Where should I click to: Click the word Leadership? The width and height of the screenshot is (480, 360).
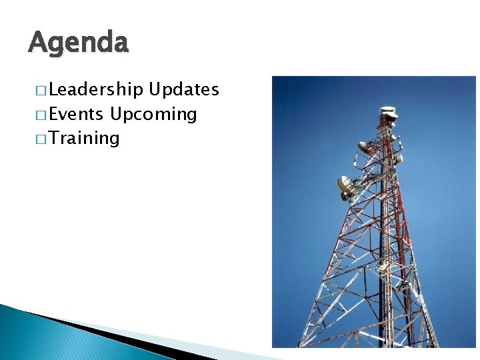click(96, 90)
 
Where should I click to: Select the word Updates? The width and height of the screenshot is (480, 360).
click(184, 90)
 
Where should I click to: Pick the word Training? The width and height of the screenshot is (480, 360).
click(84, 139)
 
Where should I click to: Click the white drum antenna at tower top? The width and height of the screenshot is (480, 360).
click(388, 111)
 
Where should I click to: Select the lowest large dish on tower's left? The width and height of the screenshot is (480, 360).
click(346, 187)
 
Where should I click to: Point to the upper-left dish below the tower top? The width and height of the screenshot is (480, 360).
click(364, 147)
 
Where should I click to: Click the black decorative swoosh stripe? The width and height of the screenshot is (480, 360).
click(113, 337)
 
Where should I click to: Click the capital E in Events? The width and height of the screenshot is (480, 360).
click(54, 114)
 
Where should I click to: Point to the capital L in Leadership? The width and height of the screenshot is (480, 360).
click(53, 90)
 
